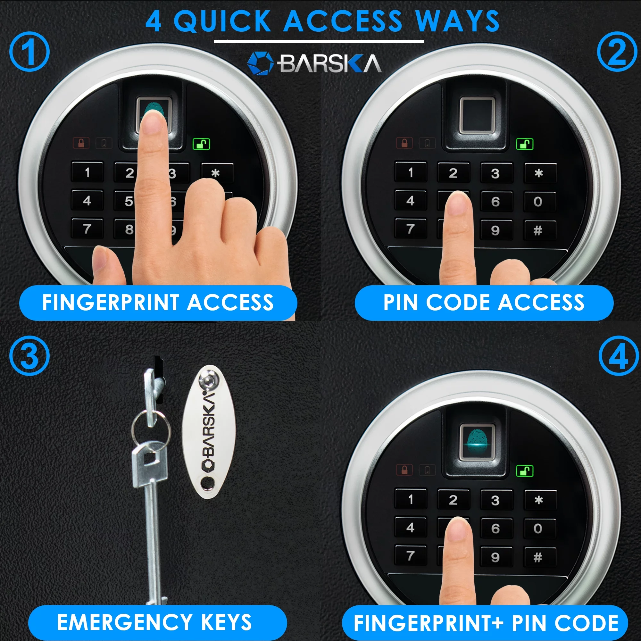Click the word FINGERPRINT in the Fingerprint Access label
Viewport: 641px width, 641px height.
pos(111,303)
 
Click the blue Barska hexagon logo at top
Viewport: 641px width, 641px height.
pos(261,63)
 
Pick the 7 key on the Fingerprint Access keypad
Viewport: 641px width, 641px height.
pos(87,228)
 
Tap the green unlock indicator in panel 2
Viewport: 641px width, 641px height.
pos(525,144)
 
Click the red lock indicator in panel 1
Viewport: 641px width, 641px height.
pos(81,143)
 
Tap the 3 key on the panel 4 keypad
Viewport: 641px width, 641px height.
pos(495,500)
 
